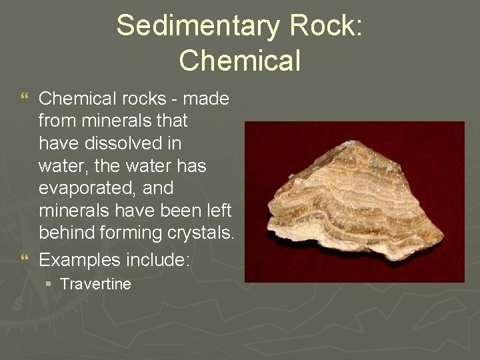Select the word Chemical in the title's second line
[240, 60]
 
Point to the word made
[205, 99]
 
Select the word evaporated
[87, 188]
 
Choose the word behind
[67, 233]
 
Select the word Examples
[80, 260]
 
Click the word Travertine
[95, 284]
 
